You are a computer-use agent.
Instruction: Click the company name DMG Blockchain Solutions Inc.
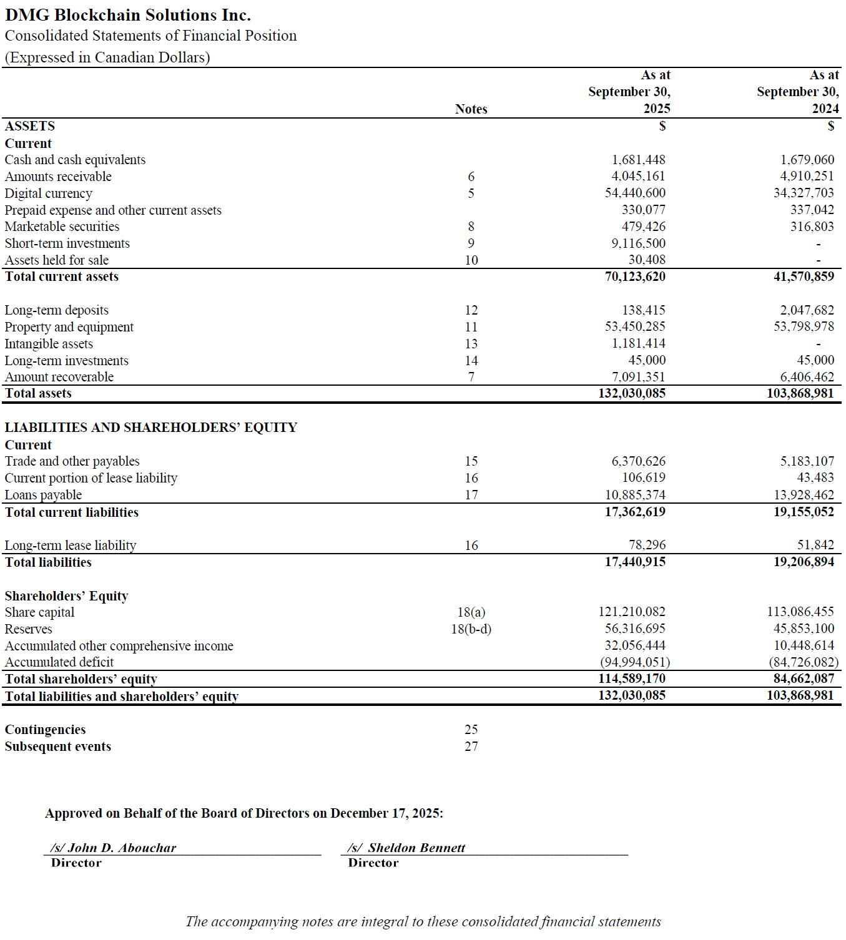click(128, 15)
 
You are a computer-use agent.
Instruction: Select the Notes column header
click(471, 109)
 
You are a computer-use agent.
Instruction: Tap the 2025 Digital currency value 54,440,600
click(634, 193)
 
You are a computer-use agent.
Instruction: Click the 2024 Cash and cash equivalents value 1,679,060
click(807, 160)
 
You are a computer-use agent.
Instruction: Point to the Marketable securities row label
click(62, 227)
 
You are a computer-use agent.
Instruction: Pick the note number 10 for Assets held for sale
click(471, 260)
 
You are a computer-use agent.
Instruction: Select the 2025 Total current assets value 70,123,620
click(634, 277)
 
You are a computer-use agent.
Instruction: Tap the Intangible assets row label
click(49, 344)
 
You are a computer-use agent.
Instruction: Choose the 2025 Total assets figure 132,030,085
click(631, 393)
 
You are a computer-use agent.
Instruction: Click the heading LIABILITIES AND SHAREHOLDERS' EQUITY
click(150, 428)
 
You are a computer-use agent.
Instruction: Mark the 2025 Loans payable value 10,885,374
click(634, 495)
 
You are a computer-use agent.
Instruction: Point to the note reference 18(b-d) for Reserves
click(471, 629)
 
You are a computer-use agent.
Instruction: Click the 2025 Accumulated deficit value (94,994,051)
click(634, 662)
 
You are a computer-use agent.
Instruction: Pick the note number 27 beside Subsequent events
click(471, 747)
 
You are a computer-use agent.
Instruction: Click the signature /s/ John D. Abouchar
click(114, 848)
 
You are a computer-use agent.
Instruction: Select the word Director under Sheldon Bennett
click(373, 863)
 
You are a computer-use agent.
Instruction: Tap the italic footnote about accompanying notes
click(423, 922)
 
